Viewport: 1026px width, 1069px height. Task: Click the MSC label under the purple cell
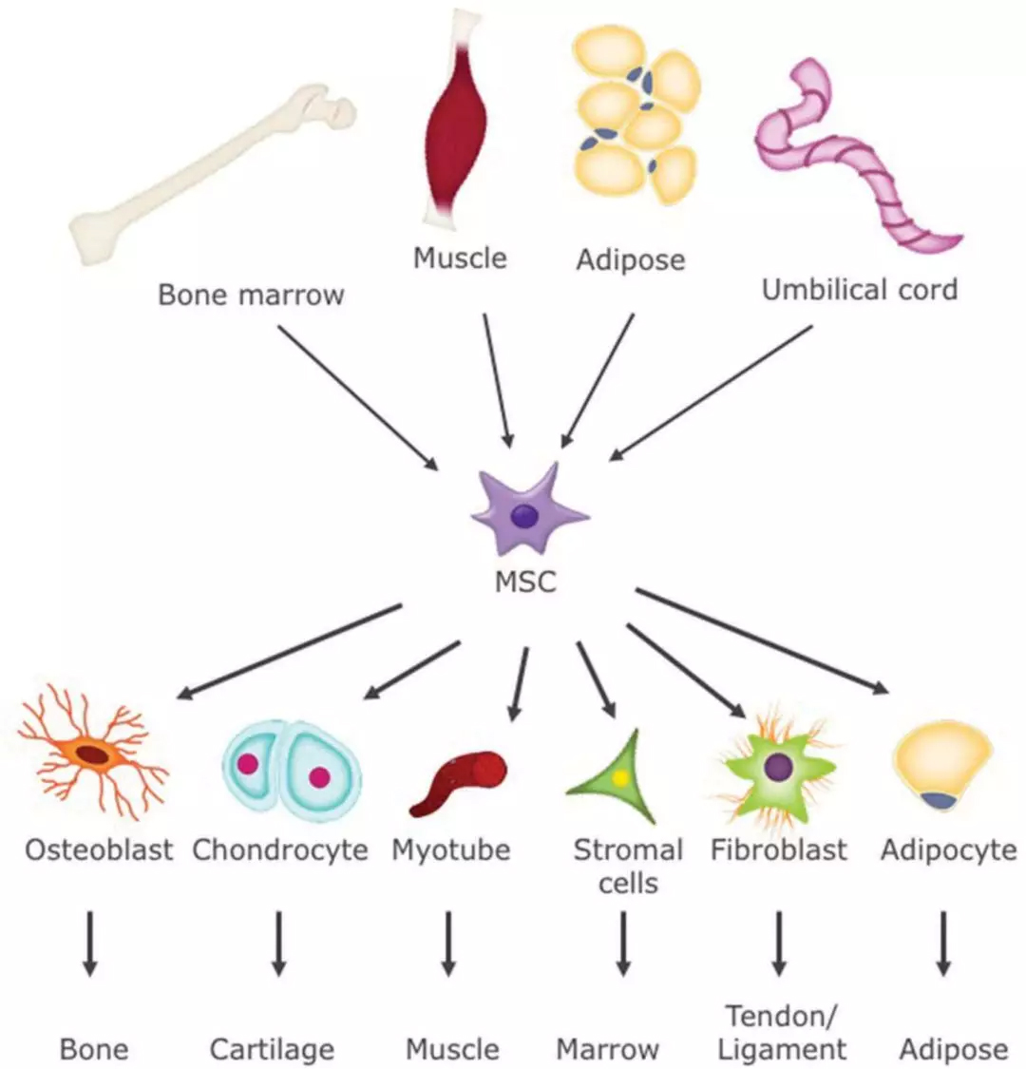point(525,582)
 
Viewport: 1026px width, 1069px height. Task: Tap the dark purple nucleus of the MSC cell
point(524,516)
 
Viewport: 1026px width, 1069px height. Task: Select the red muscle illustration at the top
point(457,124)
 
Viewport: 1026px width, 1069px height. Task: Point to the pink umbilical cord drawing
point(855,162)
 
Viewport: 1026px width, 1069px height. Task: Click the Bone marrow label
point(251,295)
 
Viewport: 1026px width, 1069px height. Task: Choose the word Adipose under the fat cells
point(630,259)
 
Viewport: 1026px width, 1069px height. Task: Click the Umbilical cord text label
point(859,290)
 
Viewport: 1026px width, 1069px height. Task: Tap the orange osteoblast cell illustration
point(92,754)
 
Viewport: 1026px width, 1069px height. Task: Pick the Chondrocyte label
point(280,849)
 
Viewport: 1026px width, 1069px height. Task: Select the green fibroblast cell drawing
point(778,765)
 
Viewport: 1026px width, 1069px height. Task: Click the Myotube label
point(450,849)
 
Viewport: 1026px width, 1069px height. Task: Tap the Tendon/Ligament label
point(781,1033)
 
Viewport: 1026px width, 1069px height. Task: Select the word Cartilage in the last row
point(272,1049)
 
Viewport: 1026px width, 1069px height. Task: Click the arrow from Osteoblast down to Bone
point(89,944)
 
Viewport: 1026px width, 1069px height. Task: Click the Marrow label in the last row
point(607,1049)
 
